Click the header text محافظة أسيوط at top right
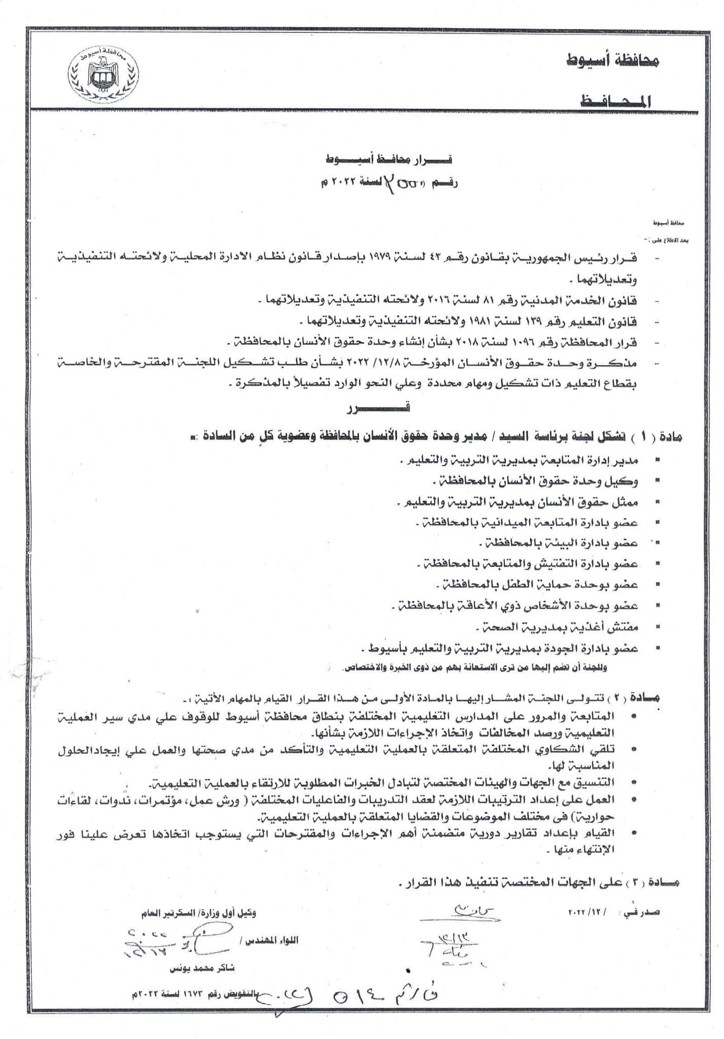[x=612, y=62]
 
